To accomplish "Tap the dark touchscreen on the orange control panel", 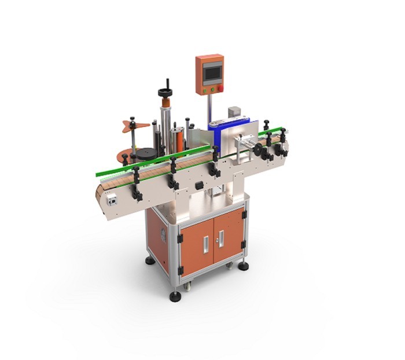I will point(211,72).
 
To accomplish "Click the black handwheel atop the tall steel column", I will point(165,93).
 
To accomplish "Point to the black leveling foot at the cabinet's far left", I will point(150,260).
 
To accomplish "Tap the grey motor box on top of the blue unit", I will point(234,112).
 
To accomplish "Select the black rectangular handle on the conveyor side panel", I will point(199,185).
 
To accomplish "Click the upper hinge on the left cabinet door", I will point(180,238).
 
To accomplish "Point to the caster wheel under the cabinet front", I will point(188,285).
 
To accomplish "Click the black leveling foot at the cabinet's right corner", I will point(243,265).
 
